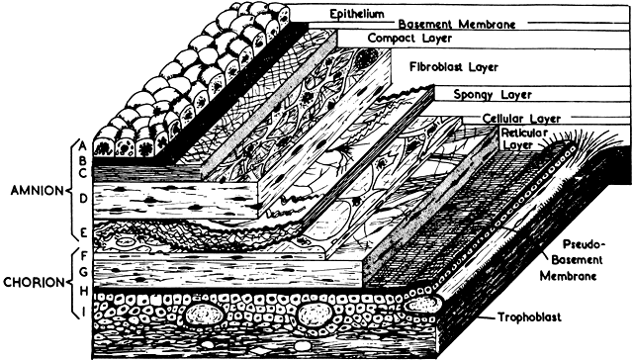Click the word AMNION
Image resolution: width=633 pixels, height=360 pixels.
coord(38,191)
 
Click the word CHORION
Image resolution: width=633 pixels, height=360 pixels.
coord(34,282)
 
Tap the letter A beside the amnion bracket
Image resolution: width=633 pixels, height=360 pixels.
coord(83,144)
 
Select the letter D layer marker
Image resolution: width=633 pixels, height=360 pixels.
coord(83,199)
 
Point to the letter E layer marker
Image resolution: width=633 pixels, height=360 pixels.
coord(83,232)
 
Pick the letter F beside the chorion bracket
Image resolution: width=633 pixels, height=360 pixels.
coord(84,256)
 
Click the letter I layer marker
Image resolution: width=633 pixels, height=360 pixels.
coord(84,313)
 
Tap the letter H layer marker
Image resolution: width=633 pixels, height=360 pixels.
coord(84,291)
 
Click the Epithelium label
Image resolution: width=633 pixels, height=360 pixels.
coord(357,14)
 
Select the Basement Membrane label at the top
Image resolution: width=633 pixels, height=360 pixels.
coord(457,24)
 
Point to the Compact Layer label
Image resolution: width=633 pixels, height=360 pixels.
coord(409,39)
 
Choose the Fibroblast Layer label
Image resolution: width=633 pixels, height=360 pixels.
coord(454,66)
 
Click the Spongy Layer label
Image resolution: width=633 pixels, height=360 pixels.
coord(493,95)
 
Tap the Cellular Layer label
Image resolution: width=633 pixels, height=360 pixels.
coord(521,119)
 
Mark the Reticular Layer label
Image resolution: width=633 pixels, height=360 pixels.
coord(524,138)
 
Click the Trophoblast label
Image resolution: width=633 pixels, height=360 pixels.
coord(529,316)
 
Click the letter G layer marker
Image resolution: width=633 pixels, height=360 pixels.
coord(83,272)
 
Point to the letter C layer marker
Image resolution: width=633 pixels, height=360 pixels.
coord(83,173)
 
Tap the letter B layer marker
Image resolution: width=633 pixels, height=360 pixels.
coord(83,160)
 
